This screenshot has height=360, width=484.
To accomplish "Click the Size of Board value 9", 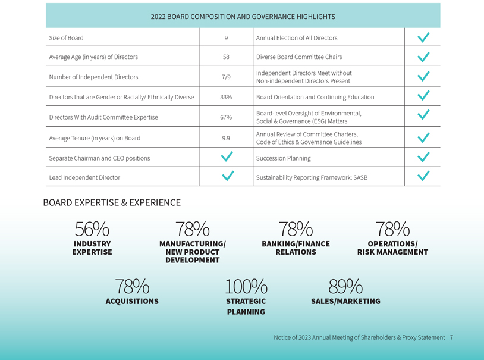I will tap(226, 38).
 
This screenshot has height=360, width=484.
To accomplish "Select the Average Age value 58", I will tap(226, 57).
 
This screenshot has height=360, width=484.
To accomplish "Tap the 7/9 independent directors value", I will tap(226, 77).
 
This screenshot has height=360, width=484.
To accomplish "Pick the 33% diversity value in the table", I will tap(226, 97).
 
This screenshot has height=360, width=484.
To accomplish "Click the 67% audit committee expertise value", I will tap(226, 117).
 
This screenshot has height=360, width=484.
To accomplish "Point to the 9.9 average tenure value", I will tap(226, 138).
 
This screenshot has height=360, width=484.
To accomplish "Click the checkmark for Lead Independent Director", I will tap(227, 177).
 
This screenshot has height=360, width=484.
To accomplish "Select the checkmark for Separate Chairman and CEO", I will tap(227, 157).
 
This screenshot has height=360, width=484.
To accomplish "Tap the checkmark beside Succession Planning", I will tap(423, 158).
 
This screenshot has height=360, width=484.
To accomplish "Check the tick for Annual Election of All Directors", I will tap(423, 37).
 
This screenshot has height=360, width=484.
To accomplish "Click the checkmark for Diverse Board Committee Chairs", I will tap(423, 57).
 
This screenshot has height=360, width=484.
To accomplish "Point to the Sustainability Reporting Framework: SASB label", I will tap(312, 177).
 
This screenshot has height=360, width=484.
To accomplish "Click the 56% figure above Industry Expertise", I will tap(92, 229).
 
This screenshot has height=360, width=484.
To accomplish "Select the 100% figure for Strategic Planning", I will tap(246, 287).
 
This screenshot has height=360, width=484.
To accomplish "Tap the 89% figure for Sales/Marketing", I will tap(345, 287).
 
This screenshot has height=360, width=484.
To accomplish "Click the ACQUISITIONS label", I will tap(132, 302).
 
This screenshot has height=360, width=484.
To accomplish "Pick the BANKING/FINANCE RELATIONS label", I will tap(296, 248).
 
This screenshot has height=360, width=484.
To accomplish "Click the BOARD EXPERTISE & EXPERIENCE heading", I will tap(112, 203).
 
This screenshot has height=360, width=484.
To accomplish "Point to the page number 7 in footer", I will tap(452, 337).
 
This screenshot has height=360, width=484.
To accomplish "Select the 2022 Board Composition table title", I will tap(243, 17).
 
